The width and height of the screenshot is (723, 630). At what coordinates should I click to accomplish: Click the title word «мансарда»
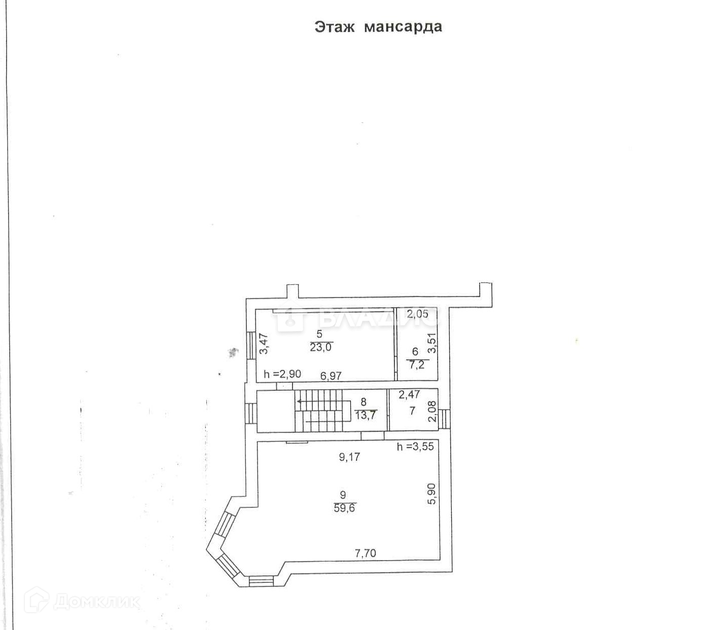tap(403, 26)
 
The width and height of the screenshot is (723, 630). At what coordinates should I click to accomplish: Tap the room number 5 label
tap(319, 335)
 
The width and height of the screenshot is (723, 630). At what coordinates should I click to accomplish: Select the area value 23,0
tap(320, 348)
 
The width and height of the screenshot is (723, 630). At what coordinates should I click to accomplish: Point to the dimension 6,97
tap(331, 376)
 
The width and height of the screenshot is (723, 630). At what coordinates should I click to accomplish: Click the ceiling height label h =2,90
tap(282, 375)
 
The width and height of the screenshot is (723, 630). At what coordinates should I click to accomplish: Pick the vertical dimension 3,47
tap(263, 343)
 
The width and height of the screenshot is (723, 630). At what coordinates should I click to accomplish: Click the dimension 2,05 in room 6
tap(417, 314)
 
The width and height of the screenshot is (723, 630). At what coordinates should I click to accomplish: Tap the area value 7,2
tap(416, 364)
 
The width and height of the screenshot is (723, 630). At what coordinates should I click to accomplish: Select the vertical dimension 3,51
tap(432, 343)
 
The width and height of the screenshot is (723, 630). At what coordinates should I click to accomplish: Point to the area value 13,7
tap(365, 415)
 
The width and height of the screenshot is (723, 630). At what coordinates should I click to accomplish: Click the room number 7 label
tap(412, 411)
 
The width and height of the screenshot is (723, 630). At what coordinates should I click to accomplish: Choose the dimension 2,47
tap(409, 394)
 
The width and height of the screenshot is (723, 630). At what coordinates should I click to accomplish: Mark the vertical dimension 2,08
tap(432, 411)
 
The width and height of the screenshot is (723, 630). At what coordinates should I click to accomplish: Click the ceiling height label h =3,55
tap(415, 447)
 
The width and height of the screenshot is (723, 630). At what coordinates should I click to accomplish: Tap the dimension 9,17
tap(349, 457)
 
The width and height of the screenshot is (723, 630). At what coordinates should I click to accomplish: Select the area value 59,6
tap(344, 508)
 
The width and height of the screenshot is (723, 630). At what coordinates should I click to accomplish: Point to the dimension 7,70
tap(365, 553)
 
